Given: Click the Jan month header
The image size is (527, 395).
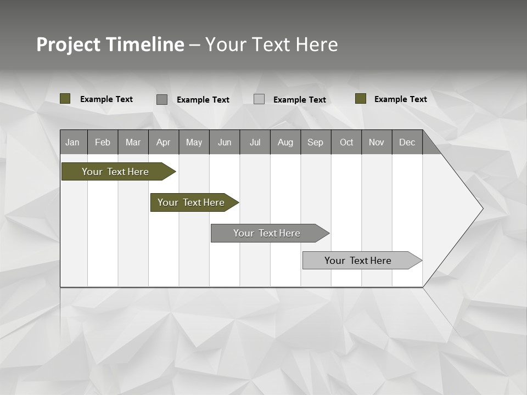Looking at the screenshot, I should pos(73,142).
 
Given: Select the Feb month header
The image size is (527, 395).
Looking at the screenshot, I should pos(103,142).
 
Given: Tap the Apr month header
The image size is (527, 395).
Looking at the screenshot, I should pos(163,142).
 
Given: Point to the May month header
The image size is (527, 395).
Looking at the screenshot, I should pos(194,142).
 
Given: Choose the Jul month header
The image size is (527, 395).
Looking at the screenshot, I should pos(255,142).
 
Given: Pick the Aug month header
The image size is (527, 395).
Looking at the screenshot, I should pos(285,142).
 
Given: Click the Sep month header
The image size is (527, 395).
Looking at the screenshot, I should pos(316,142).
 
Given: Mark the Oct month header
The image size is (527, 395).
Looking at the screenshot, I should pos(346,142).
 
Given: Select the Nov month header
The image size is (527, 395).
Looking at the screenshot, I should pos(377,142).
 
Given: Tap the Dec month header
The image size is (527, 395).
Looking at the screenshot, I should pos(407,142).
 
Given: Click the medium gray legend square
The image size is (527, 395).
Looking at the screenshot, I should pos(162,99).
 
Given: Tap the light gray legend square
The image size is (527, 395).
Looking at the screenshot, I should pos(259,99).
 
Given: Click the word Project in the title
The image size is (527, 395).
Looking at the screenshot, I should pos(68,44).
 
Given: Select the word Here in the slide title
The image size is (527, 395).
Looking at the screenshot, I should pos(317,44).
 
